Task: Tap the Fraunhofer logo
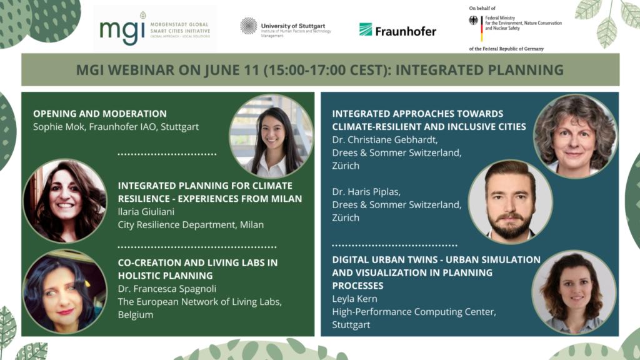pos(397,30)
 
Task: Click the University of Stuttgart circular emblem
pos(248,26)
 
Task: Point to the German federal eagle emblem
pos(474,20)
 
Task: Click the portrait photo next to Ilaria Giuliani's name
pos(65,201)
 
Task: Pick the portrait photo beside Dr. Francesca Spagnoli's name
pos(65,291)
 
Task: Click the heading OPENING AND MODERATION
pos(100,114)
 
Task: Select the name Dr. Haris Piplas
pos(366,191)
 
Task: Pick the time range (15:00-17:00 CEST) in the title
pos(322,69)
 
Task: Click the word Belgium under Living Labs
pos(136,315)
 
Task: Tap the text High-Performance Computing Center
pos(413,312)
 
